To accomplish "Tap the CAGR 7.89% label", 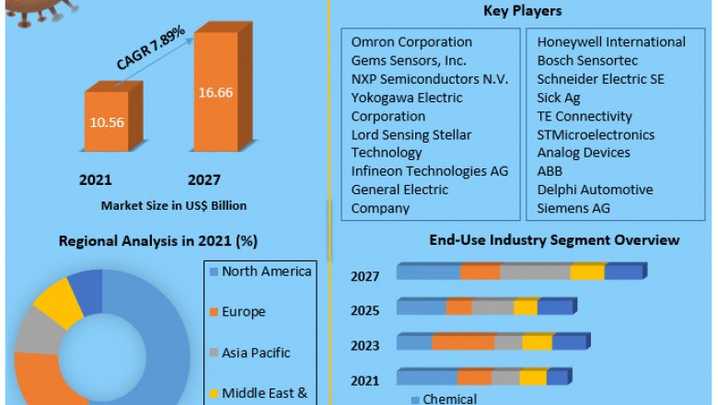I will click(151, 48).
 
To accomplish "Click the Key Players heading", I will click(523, 11).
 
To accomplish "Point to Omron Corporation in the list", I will click(411, 42).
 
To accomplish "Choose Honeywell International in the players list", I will click(611, 42).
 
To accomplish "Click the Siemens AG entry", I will click(573, 208).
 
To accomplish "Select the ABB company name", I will click(550, 171).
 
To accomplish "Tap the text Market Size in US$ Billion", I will click(173, 204).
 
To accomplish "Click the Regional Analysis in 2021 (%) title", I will click(157, 241).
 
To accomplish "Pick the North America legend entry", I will click(266, 271).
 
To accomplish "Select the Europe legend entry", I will click(243, 312).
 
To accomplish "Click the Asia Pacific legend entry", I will click(256, 353).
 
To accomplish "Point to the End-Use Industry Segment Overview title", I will click(554, 240).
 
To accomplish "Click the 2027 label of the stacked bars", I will click(365, 276).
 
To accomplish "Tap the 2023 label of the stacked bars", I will click(365, 347).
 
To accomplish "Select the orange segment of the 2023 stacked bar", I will click(463, 342).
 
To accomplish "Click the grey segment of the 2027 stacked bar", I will click(535, 272).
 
